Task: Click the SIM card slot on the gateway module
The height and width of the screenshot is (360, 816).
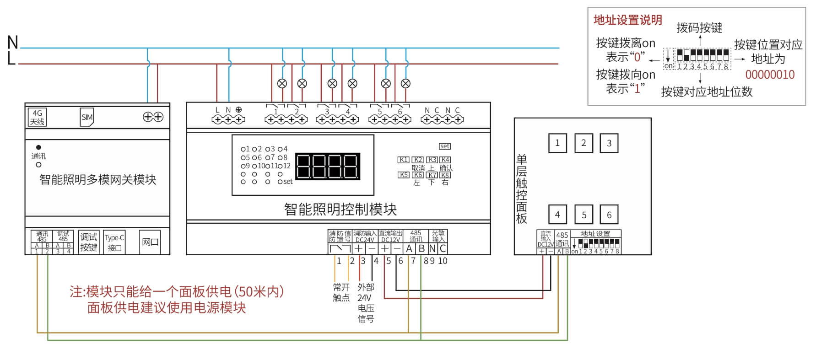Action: point(87,117)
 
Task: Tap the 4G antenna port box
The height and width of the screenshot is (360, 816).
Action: point(37,117)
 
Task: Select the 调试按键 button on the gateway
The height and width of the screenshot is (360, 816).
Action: point(88,242)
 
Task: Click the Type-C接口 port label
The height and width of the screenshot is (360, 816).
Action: point(114,242)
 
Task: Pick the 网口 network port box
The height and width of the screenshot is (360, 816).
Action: point(150,242)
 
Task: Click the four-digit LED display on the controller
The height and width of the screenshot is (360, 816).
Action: point(327,166)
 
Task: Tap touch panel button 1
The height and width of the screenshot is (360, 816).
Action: point(557,143)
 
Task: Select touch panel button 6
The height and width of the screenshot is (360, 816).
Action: point(609,215)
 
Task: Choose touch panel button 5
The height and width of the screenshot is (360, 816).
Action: point(584,215)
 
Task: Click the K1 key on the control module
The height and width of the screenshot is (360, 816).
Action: point(403,160)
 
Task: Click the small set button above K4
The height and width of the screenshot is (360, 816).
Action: point(445,146)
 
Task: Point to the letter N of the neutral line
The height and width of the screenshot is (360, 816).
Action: point(13,43)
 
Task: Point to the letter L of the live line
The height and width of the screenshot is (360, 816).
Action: point(11,59)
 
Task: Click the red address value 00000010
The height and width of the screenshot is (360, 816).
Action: point(770,75)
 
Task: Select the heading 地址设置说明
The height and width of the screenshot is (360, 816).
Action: point(627,20)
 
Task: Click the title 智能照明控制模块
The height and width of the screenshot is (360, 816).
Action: point(340,210)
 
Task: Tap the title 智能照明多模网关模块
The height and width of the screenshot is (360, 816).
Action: point(98,180)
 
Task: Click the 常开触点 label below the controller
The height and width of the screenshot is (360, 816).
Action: point(341,292)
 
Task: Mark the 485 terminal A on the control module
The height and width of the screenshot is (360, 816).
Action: point(409,248)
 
